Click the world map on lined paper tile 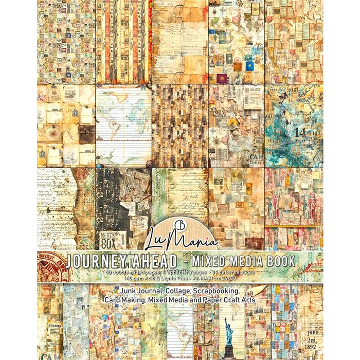pos(123,125)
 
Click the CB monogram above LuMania pos(181,215)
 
